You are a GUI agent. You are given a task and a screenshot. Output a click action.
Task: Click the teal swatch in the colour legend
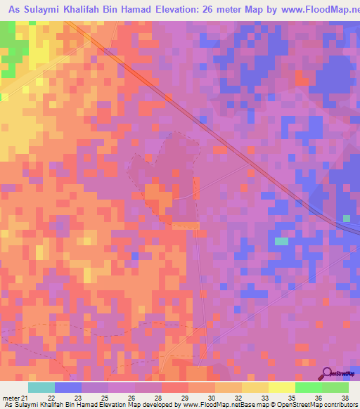pos(41,387)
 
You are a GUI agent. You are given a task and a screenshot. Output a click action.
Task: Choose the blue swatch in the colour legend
pos(68,387)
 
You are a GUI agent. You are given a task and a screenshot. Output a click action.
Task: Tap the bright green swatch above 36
pos(309,387)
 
